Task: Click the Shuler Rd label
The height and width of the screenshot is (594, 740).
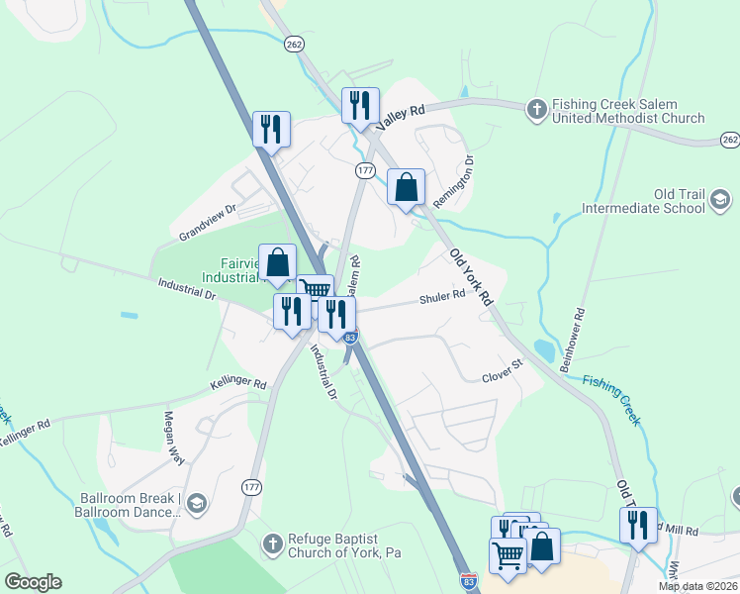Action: pyautogui.click(x=442, y=297)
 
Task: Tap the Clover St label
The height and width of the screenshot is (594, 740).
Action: pyautogui.click(x=502, y=377)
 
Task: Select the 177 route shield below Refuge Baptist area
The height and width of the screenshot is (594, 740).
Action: pyautogui.click(x=251, y=486)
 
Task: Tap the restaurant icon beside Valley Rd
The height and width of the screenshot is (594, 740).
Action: pyautogui.click(x=360, y=105)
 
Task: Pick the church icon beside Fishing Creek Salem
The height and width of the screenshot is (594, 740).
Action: pyautogui.click(x=537, y=110)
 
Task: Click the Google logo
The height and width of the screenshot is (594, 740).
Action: pyautogui.click(x=33, y=582)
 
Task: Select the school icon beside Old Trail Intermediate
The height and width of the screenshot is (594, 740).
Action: pyautogui.click(x=721, y=201)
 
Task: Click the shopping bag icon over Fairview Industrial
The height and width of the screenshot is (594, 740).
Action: pyautogui.click(x=278, y=262)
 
